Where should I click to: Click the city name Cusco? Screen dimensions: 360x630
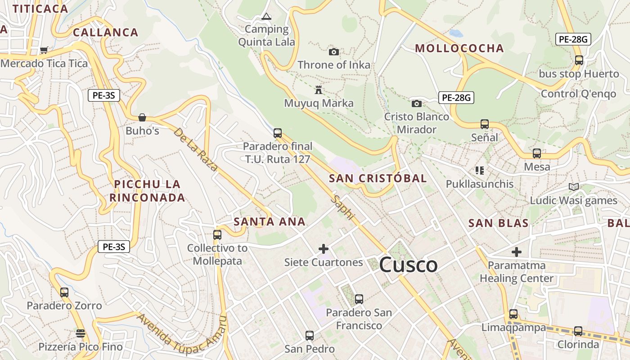pos(408,265)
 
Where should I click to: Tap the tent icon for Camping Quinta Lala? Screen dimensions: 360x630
pos(266,17)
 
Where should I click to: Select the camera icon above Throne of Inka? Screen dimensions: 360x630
pos(333,52)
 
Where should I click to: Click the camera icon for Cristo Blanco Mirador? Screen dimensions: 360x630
pos(416,103)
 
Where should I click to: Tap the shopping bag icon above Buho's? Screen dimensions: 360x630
pos(142,117)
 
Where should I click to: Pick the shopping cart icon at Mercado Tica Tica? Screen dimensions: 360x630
pos(44,50)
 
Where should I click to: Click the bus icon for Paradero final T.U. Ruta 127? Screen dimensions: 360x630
pos(278,133)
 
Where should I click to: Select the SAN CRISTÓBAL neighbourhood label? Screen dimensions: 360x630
pos(378,178)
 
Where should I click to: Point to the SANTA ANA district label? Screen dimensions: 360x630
pos(270,221)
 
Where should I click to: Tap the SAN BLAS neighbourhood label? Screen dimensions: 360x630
pos(498,223)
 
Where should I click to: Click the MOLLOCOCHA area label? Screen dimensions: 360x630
pos(459,49)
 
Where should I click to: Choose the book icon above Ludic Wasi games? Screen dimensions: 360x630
pos(573,187)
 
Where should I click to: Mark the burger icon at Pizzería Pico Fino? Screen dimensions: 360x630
pos(81,333)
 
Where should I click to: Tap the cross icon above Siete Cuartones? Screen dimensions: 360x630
pos(323,248)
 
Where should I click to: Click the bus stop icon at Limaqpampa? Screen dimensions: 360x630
pos(513,314)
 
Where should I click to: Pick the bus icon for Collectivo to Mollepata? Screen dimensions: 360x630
pos(217,234)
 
